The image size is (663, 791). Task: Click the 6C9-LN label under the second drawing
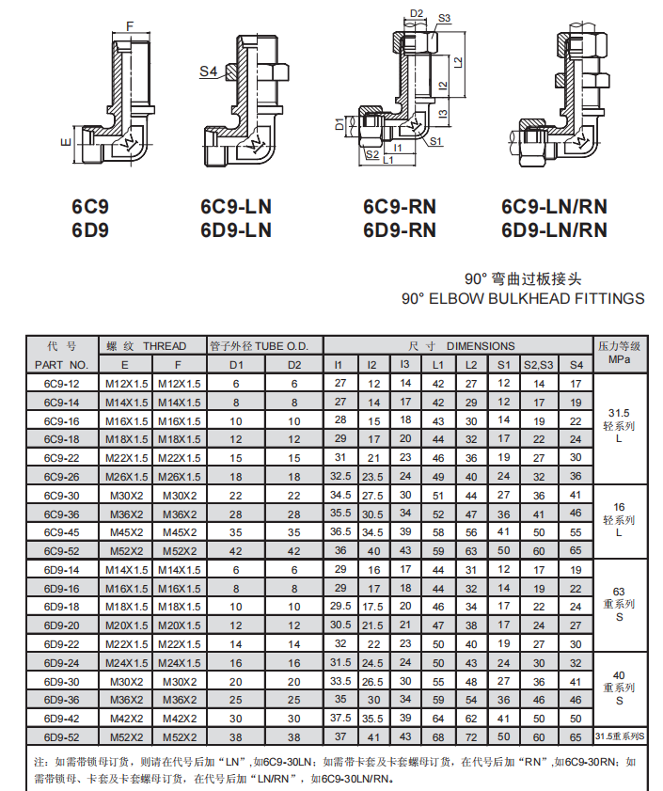click(x=236, y=207)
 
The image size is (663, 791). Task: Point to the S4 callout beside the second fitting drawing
click(x=208, y=71)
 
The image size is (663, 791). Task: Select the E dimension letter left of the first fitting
click(x=66, y=143)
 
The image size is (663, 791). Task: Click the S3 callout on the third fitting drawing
click(x=444, y=19)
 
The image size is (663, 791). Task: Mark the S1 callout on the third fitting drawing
click(x=435, y=141)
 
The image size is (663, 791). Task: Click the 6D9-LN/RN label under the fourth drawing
click(x=554, y=230)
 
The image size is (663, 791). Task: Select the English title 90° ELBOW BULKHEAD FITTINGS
click(x=523, y=298)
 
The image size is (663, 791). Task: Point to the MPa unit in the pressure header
click(x=619, y=359)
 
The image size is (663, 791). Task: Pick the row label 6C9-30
click(x=62, y=496)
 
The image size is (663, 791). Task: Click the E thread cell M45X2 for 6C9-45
click(x=127, y=532)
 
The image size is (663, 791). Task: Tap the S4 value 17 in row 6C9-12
click(x=576, y=384)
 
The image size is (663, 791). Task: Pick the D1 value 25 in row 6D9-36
click(x=236, y=700)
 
